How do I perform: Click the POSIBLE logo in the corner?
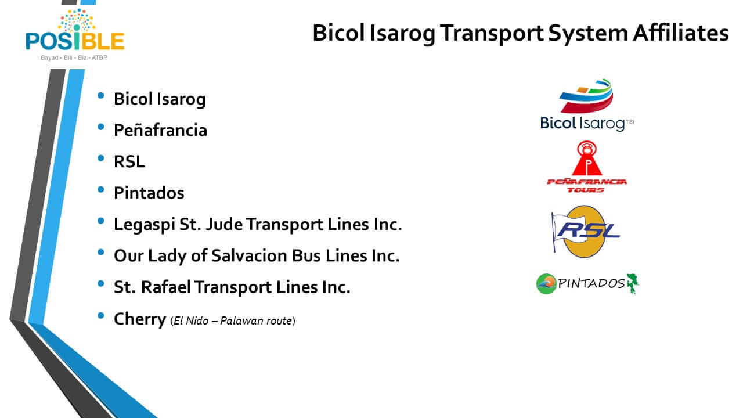(75, 35)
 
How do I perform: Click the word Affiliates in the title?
(681, 33)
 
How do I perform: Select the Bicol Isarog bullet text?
(160, 99)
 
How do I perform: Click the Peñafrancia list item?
(161, 130)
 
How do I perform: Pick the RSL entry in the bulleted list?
(129, 161)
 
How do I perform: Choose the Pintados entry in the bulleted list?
(149, 193)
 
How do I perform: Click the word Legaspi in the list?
(145, 225)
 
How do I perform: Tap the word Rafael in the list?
(165, 287)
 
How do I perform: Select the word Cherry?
(140, 319)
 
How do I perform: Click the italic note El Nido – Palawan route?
(233, 321)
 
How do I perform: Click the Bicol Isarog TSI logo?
(587, 105)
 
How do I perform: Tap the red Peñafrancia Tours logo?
(587, 167)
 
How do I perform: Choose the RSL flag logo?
(586, 232)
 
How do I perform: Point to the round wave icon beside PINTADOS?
(546, 284)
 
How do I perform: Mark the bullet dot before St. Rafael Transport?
(101, 284)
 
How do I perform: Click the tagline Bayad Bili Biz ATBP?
(74, 57)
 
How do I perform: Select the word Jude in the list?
(224, 224)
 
